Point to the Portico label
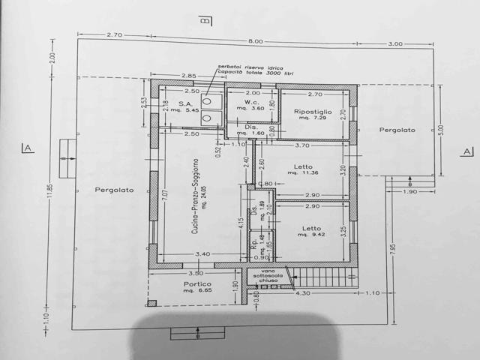[197, 284]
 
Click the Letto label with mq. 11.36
[303, 166]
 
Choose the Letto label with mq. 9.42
[311, 229]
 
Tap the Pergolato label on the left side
[114, 190]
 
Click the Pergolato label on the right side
[397, 130]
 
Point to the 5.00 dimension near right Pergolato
[440, 138]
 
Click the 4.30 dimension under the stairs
[304, 292]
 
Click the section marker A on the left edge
[28, 148]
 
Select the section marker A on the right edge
[466, 151]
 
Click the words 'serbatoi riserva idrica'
[244, 67]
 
